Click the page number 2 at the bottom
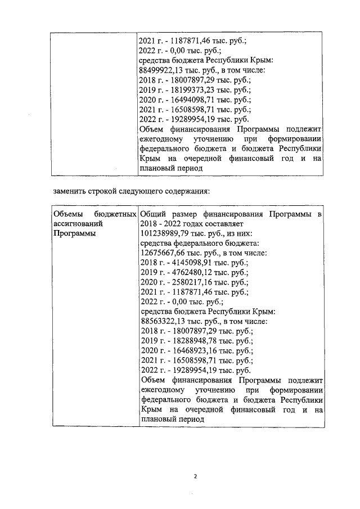(x=195, y=477)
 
